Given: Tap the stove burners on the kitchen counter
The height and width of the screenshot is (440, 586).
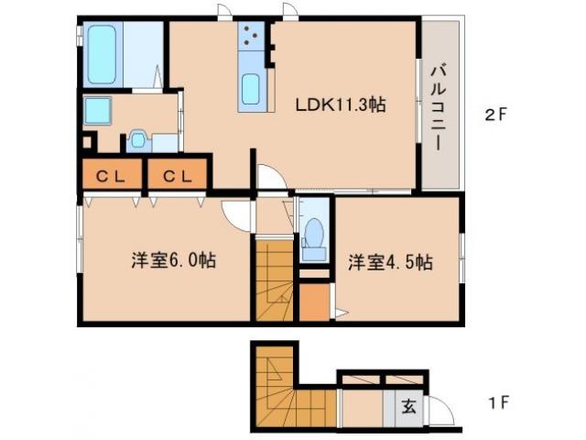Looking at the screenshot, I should click(250, 39).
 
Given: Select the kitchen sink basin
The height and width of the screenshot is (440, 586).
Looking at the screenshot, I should click(251, 91).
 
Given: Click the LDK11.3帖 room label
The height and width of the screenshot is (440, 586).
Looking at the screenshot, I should click(340, 104).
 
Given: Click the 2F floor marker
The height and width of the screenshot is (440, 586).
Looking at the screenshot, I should click(495, 115).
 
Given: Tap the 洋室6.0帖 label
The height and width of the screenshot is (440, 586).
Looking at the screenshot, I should click(172, 261).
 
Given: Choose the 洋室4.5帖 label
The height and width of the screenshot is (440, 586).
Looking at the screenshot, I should click(389, 262).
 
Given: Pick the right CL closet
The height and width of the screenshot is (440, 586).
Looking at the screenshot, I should click(179, 174).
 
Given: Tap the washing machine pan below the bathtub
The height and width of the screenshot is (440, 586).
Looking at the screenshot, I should click(97, 111).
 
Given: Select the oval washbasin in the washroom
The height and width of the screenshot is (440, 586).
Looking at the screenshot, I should click(137, 138).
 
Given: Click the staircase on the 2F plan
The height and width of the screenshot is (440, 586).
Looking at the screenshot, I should click(272, 279).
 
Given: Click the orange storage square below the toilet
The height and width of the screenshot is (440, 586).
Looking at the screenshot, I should click(314, 302).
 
